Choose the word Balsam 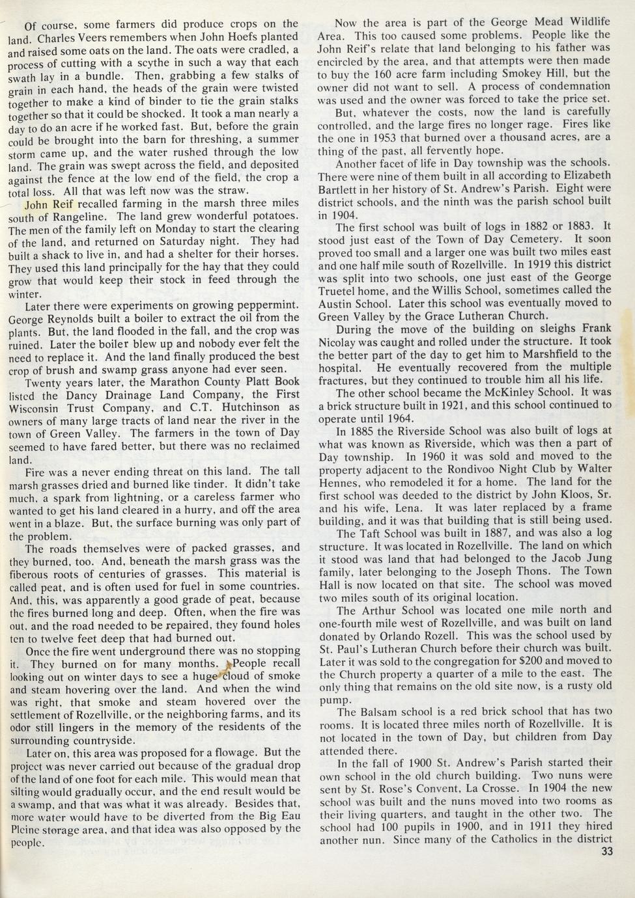point(373,712)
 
